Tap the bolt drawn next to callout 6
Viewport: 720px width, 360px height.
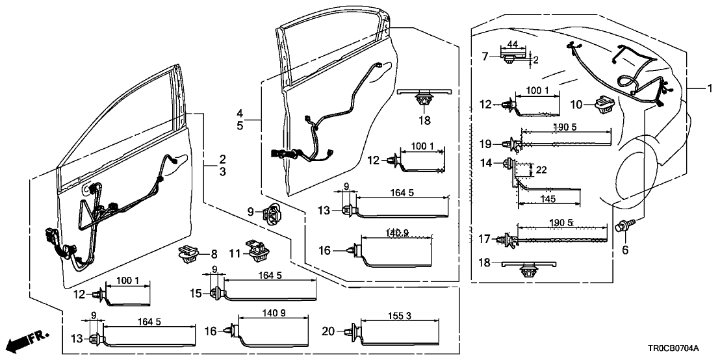click(x=625, y=226)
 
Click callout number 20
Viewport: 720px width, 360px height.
click(x=328, y=331)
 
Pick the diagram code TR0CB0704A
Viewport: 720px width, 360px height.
click(x=682, y=348)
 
